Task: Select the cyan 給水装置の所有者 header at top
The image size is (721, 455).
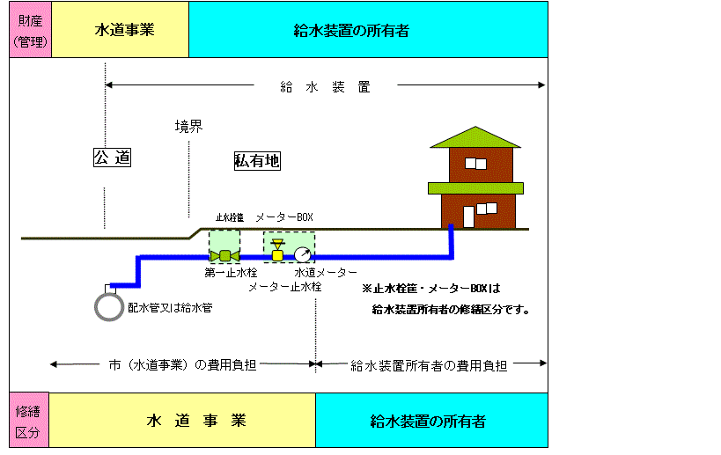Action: click(368, 29)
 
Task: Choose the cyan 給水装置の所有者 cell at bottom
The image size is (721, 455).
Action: click(431, 420)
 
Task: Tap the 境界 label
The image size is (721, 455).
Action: click(188, 127)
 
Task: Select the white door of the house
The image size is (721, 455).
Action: click(468, 216)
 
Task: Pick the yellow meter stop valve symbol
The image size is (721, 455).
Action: click(277, 251)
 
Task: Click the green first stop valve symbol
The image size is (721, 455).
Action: click(224, 255)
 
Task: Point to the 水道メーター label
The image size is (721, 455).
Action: click(326, 273)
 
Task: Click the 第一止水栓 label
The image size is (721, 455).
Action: click(231, 273)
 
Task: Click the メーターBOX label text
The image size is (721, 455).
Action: click(284, 216)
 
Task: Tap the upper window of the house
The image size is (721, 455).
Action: click(475, 164)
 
